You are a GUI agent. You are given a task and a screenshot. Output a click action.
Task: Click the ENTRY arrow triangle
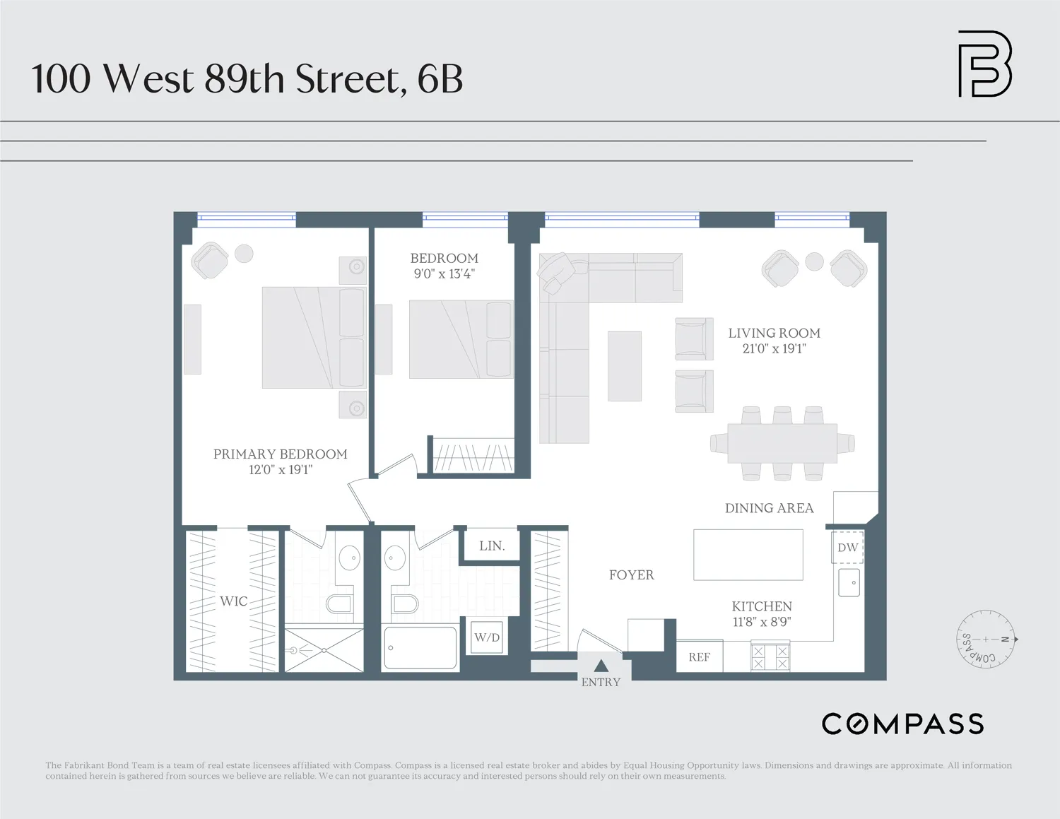point(601,666)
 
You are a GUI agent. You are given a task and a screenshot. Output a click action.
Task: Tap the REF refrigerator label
point(699,657)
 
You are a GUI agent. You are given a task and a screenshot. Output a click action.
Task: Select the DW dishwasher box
point(847,548)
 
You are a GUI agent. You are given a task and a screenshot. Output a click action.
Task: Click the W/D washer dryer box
point(487,637)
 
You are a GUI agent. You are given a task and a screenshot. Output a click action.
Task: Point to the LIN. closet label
point(492,546)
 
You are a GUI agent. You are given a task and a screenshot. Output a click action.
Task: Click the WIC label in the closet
point(233,601)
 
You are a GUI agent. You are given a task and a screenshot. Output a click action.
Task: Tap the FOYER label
point(631,575)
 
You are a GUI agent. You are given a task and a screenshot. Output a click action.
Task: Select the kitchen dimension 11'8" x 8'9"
point(762,622)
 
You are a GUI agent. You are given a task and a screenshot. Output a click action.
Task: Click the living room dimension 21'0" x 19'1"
point(774,348)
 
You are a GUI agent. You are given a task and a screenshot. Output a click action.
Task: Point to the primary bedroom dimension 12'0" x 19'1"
point(280,470)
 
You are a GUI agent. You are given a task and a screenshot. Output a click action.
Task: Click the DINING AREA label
point(769,508)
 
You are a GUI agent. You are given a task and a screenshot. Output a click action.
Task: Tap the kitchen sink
point(849,583)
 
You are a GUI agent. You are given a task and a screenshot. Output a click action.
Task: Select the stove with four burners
point(770,657)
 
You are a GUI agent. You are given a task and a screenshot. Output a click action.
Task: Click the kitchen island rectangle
point(748,555)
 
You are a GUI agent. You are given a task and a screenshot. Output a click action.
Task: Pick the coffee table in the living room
point(625,366)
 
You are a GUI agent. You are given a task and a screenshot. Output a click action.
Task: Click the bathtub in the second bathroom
point(420,647)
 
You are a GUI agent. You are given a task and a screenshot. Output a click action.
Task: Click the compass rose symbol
point(986,640)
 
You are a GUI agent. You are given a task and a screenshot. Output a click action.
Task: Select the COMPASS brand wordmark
point(902,724)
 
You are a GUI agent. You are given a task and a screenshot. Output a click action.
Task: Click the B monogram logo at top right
point(984,64)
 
